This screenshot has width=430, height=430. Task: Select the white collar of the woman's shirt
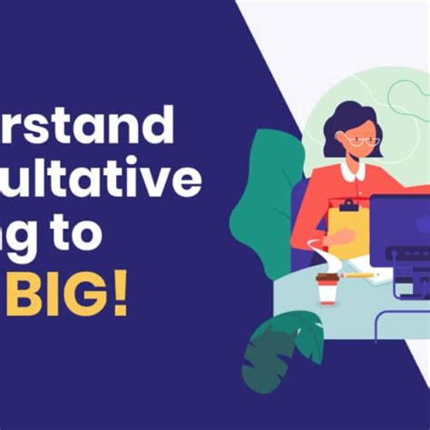354,171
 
